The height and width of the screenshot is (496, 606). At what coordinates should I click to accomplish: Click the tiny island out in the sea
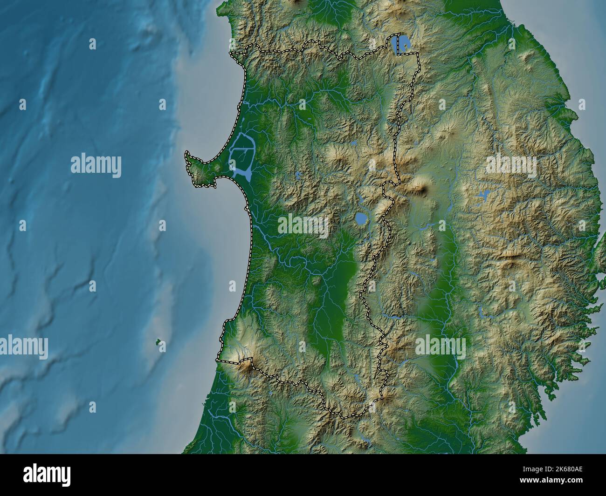pyautogui.click(x=159, y=343)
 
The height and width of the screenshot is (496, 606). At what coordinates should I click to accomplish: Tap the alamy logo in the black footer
pyautogui.click(x=47, y=475)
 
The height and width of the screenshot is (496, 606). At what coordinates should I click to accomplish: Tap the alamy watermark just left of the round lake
pyautogui.click(x=303, y=224)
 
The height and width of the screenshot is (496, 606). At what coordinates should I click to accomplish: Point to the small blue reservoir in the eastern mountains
pyautogui.click(x=483, y=196)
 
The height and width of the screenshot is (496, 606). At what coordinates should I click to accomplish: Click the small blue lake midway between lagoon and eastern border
pyautogui.click(x=297, y=176)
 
